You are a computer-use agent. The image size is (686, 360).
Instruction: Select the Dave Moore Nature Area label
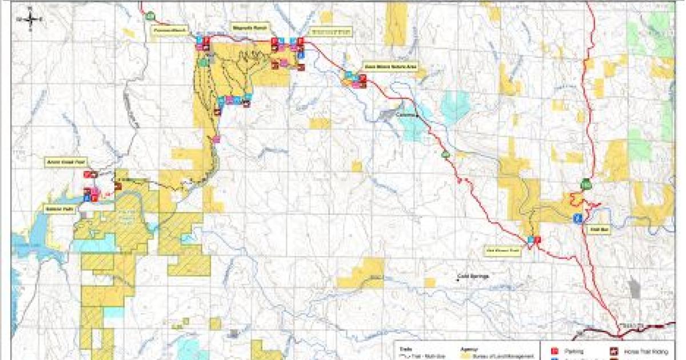(x=378, y=66)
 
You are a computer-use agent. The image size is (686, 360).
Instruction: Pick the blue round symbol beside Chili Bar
(x=578, y=218)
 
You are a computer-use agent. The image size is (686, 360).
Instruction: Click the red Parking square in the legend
(x=553, y=351)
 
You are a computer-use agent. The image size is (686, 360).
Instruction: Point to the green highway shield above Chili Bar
(x=585, y=184)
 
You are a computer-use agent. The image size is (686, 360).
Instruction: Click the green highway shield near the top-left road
(x=150, y=15)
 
